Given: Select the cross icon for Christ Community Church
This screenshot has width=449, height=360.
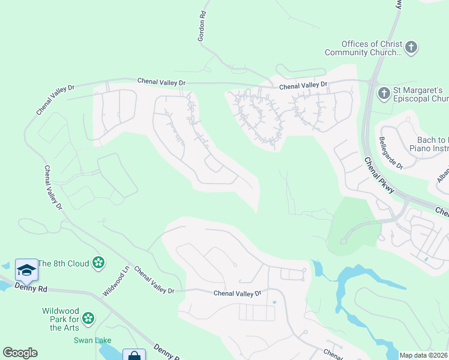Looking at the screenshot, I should click(x=411, y=47).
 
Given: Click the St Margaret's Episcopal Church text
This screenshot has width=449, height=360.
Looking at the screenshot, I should click(x=420, y=95).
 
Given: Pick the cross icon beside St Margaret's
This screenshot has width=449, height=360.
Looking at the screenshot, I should click(x=384, y=94).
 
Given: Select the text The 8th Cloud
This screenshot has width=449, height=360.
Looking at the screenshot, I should click(x=63, y=263).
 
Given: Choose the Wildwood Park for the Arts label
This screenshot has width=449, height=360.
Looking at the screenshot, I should click(x=60, y=319).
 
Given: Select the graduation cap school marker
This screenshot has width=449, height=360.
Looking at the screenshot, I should click(x=26, y=271).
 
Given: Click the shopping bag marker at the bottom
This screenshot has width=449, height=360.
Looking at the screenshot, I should click(x=134, y=356).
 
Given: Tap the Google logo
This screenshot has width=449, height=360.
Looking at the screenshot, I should click(x=20, y=353).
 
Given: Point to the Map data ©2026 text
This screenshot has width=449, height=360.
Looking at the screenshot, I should click(x=423, y=355).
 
